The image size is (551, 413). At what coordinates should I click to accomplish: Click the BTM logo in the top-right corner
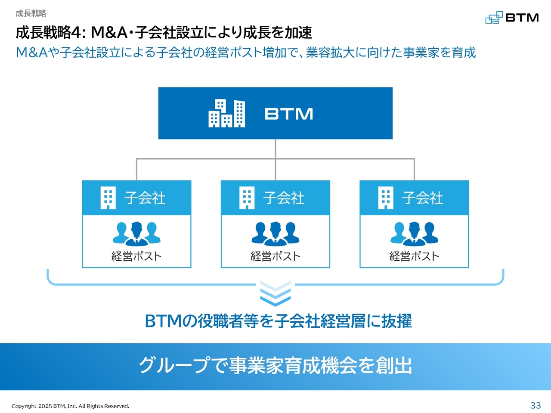click(x=512, y=17)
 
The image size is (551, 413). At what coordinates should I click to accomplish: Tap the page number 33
click(x=536, y=405)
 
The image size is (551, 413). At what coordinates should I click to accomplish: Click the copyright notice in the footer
click(x=71, y=406)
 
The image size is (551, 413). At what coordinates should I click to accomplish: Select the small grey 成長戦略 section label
click(x=31, y=13)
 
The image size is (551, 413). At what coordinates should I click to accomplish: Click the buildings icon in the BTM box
click(x=227, y=113)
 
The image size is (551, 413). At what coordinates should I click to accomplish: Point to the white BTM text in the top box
click(x=289, y=114)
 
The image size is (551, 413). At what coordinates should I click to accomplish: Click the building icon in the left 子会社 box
click(x=108, y=197)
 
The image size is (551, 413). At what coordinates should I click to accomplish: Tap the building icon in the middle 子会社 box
click(x=247, y=197)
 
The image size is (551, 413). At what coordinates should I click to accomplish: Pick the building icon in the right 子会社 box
click(x=386, y=197)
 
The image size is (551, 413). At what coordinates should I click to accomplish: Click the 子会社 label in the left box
click(x=145, y=198)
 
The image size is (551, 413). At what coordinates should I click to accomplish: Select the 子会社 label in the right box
click(x=422, y=198)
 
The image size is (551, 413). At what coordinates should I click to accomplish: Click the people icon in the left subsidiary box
click(x=136, y=234)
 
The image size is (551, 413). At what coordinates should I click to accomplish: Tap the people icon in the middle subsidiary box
click(x=275, y=234)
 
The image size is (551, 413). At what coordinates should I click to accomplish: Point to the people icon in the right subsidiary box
click(x=414, y=234)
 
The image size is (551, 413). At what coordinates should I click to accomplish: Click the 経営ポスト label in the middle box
click(x=275, y=256)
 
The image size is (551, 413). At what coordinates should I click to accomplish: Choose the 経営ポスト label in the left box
click(x=136, y=256)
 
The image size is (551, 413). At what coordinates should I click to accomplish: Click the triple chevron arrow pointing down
click(x=275, y=294)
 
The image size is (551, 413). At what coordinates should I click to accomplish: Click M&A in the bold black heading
click(x=109, y=33)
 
